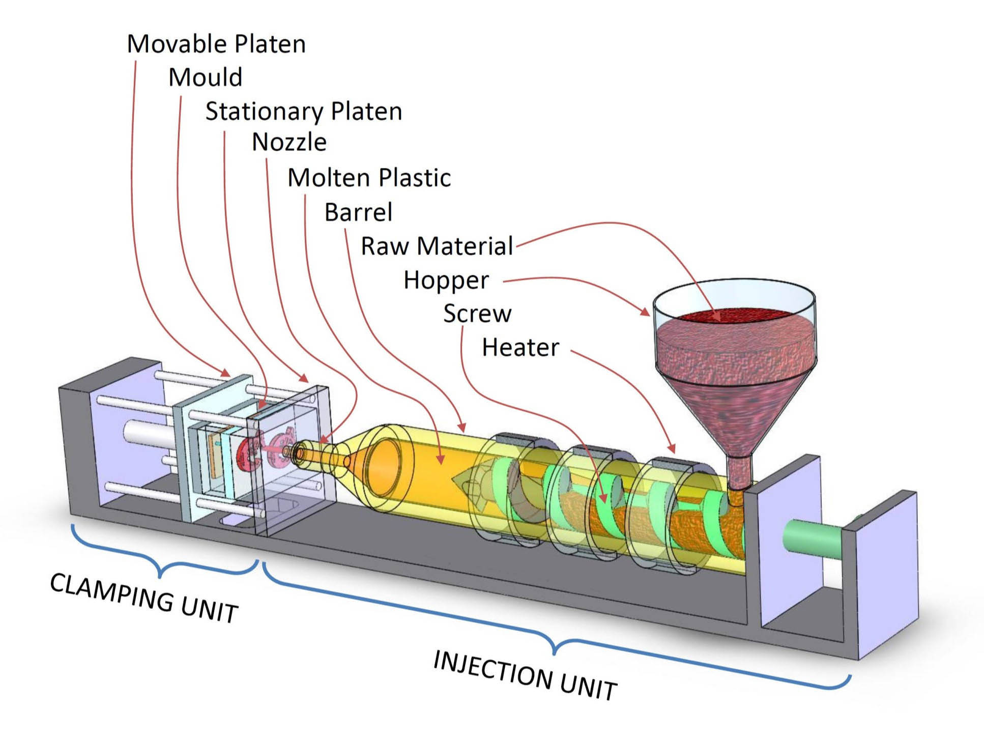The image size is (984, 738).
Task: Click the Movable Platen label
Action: pos(216,44)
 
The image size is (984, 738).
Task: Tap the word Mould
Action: pos(205,78)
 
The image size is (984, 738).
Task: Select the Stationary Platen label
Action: pos(303,111)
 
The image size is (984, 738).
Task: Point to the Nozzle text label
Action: pos(289,142)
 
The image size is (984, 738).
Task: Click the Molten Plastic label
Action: pos(369,178)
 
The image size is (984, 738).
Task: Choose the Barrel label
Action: pos(358,212)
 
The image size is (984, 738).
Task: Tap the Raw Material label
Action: pos(437,246)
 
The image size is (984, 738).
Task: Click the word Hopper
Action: pos(446,280)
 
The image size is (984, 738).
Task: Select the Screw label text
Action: pos(477,314)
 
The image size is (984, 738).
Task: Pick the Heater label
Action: pos(520,348)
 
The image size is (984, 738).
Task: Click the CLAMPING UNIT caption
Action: pos(144,598)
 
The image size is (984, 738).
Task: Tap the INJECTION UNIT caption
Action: pos(525,675)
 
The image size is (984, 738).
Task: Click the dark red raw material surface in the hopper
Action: pos(733,316)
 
